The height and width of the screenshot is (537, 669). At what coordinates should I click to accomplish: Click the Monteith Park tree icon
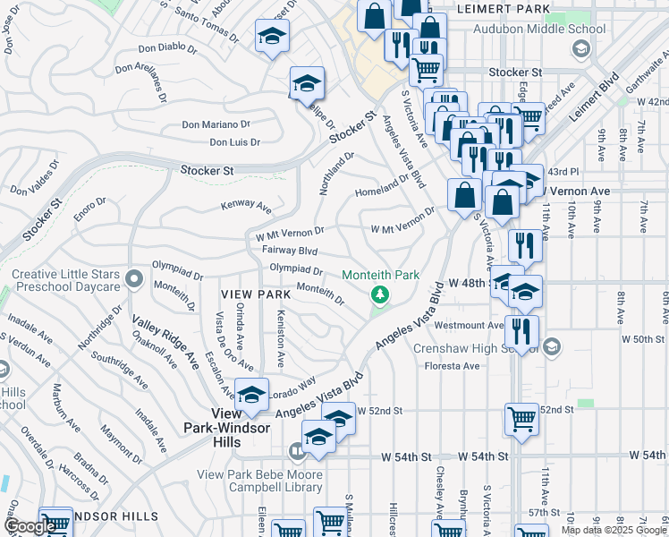click(x=380, y=294)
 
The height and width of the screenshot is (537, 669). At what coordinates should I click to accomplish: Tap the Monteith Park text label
click(x=381, y=274)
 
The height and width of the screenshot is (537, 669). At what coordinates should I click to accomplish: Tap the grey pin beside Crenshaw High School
click(x=553, y=346)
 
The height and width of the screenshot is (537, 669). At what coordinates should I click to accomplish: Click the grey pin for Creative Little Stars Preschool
click(x=133, y=279)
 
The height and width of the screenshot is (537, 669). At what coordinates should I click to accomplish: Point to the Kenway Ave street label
click(x=246, y=207)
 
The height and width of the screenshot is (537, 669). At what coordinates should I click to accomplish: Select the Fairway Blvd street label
click(x=290, y=251)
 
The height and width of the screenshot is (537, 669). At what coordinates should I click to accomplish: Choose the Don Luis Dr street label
click(x=234, y=142)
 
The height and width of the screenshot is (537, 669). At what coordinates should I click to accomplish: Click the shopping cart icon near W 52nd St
click(x=521, y=419)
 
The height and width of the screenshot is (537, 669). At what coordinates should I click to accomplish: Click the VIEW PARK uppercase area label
click(x=254, y=294)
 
